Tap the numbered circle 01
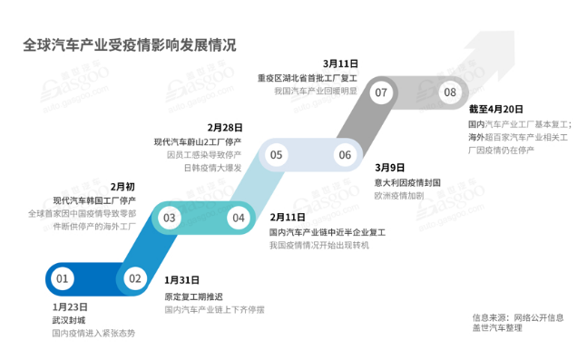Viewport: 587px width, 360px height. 63,279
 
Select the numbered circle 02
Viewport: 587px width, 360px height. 134,279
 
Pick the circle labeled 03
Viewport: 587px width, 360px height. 169,218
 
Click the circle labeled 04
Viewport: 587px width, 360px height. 239,218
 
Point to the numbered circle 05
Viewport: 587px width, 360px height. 276,155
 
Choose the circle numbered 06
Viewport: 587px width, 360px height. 345,155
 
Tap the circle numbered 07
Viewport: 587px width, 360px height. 381,92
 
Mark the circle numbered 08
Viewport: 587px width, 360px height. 449,92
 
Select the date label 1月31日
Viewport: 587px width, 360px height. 181,281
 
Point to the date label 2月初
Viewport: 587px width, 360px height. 122,186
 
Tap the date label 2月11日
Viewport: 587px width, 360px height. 288,218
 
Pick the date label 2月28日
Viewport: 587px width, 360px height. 224,127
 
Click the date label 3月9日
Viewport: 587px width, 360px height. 389,168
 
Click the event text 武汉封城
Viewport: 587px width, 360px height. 69,320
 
